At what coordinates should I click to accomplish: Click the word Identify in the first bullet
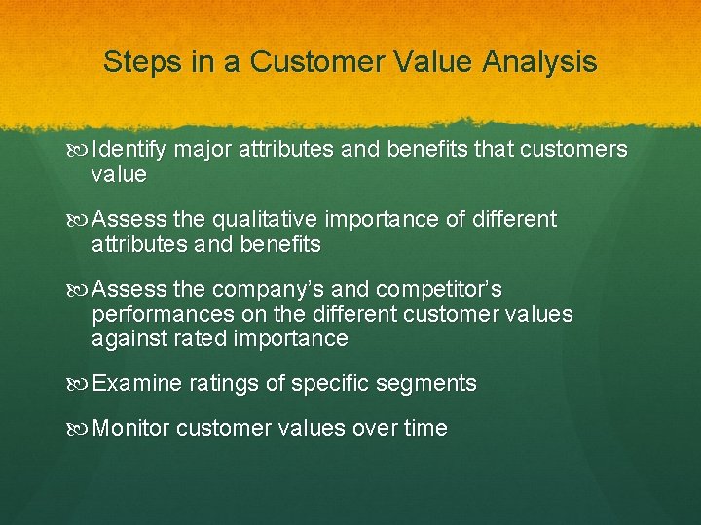(129, 150)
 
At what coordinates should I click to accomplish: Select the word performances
(163, 314)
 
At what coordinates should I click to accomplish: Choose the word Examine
(136, 384)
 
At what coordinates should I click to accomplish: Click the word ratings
(220, 384)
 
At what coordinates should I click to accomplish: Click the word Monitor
(132, 428)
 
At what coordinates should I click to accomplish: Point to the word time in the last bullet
(426, 428)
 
